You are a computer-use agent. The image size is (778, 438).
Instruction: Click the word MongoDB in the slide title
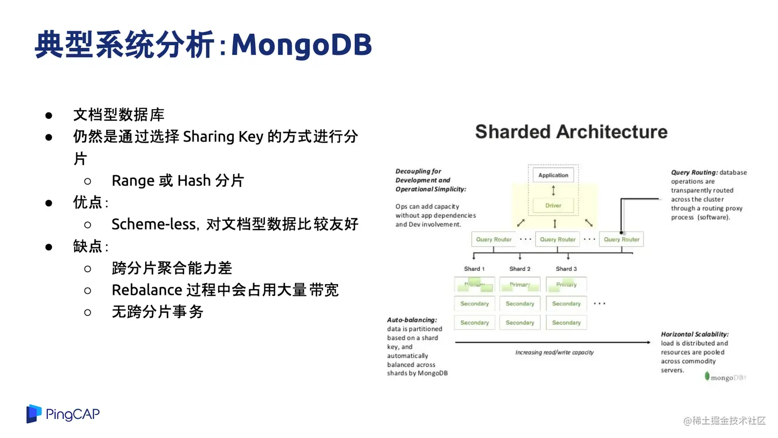point(302,45)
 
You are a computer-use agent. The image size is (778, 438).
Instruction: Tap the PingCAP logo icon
point(33,414)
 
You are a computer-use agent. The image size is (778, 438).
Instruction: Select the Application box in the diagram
point(553,175)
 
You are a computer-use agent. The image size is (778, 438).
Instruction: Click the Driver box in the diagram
point(553,205)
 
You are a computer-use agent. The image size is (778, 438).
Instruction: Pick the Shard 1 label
point(474,269)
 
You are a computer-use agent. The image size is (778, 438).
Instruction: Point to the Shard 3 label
point(566,269)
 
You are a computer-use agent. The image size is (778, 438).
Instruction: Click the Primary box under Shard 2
point(520,285)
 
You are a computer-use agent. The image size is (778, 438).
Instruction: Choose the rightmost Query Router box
point(621,239)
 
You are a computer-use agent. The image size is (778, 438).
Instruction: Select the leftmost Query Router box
point(493,239)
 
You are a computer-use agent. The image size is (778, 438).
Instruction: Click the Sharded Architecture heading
point(571,132)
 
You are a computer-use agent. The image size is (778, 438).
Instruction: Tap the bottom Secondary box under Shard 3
point(566,323)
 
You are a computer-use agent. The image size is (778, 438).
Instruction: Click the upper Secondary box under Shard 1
point(474,304)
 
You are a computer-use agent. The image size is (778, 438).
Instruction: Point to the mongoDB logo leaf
point(707,376)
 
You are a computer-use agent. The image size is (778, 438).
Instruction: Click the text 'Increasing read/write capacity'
point(554,353)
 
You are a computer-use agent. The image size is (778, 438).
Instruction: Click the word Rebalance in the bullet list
point(147,290)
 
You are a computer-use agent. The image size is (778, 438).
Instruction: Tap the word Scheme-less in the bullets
point(154,224)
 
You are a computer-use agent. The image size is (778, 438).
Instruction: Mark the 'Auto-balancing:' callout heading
point(412,320)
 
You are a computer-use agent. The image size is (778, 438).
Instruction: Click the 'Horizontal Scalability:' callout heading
point(694,334)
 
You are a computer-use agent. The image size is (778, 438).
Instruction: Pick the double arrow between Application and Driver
point(553,190)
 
